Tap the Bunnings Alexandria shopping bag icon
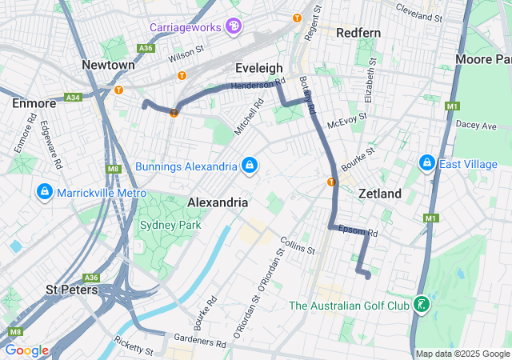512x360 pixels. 250,166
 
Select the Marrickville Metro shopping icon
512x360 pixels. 45,193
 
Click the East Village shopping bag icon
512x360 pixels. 426,164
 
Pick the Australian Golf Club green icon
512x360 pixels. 420,305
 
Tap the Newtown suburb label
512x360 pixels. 108,64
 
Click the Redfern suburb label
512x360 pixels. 358,33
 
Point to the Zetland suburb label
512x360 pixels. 380,194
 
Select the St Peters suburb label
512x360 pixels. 72,289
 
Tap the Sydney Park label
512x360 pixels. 170,225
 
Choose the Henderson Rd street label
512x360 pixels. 258,84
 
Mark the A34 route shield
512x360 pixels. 74,98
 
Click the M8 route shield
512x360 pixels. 111,169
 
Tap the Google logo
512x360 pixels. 26,350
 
